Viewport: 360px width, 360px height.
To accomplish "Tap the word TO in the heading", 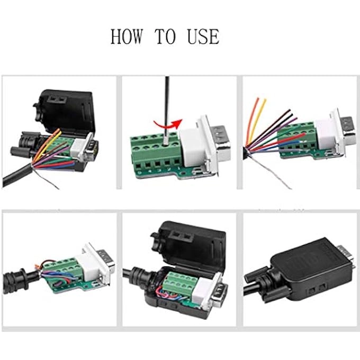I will [165, 37].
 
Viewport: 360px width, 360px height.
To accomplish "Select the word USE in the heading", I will [202, 37].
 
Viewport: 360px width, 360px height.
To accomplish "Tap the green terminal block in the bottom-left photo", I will [66, 273].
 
